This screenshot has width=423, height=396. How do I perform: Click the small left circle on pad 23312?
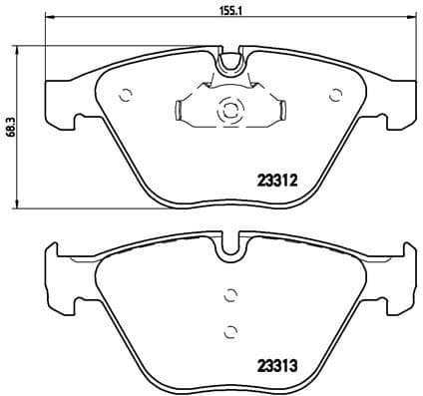pyautogui.click(x=126, y=97)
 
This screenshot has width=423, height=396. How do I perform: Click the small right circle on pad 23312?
pyautogui.click(x=334, y=97)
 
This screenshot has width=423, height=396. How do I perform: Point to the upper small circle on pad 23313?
pyautogui.click(x=229, y=293)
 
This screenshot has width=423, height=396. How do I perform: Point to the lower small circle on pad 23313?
pyautogui.click(x=229, y=332)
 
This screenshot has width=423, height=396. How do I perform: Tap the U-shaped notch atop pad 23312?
pyautogui.click(x=229, y=62)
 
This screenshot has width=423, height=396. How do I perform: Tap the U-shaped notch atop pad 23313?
pyautogui.click(x=229, y=245)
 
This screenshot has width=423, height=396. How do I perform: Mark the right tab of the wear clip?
pyautogui.click(x=283, y=110)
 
